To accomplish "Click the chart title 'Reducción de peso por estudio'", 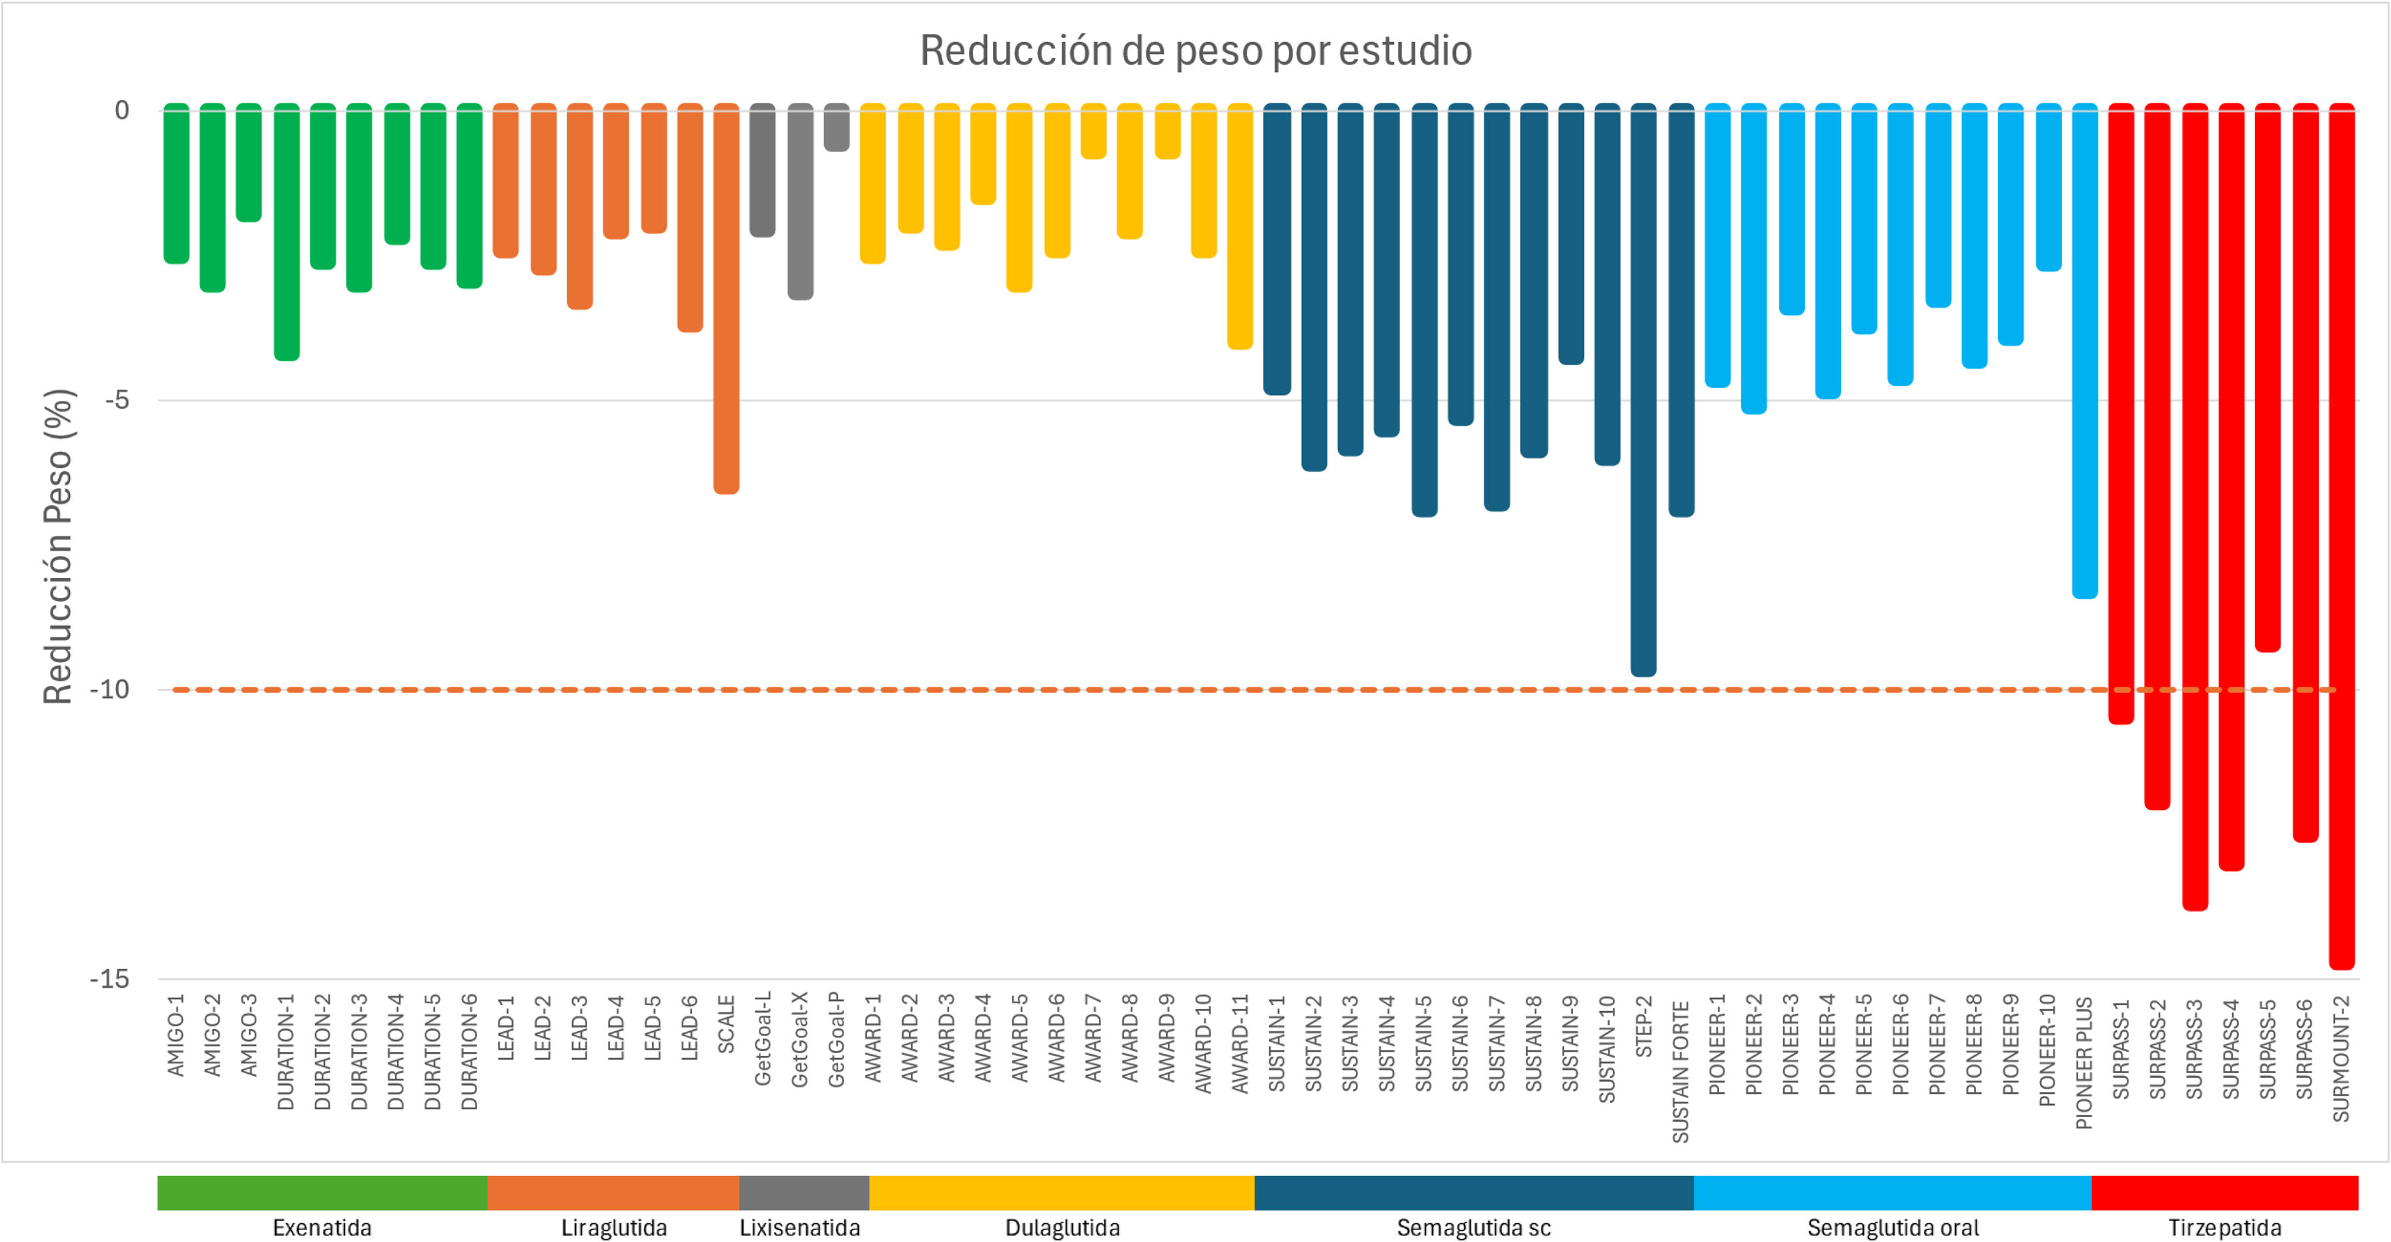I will (1196, 51).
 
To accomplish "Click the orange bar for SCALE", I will (727, 297).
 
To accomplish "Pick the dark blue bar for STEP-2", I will (1643, 390).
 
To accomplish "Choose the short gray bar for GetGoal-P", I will (836, 127).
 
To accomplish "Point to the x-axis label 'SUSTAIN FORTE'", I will (1680, 1071).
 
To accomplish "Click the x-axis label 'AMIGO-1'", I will (176, 1035).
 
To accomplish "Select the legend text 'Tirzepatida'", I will (2224, 1228).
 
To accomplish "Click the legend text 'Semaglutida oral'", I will (1893, 1228).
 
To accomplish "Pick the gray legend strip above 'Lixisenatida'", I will (804, 1193).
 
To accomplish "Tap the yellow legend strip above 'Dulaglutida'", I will (1061, 1193).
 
